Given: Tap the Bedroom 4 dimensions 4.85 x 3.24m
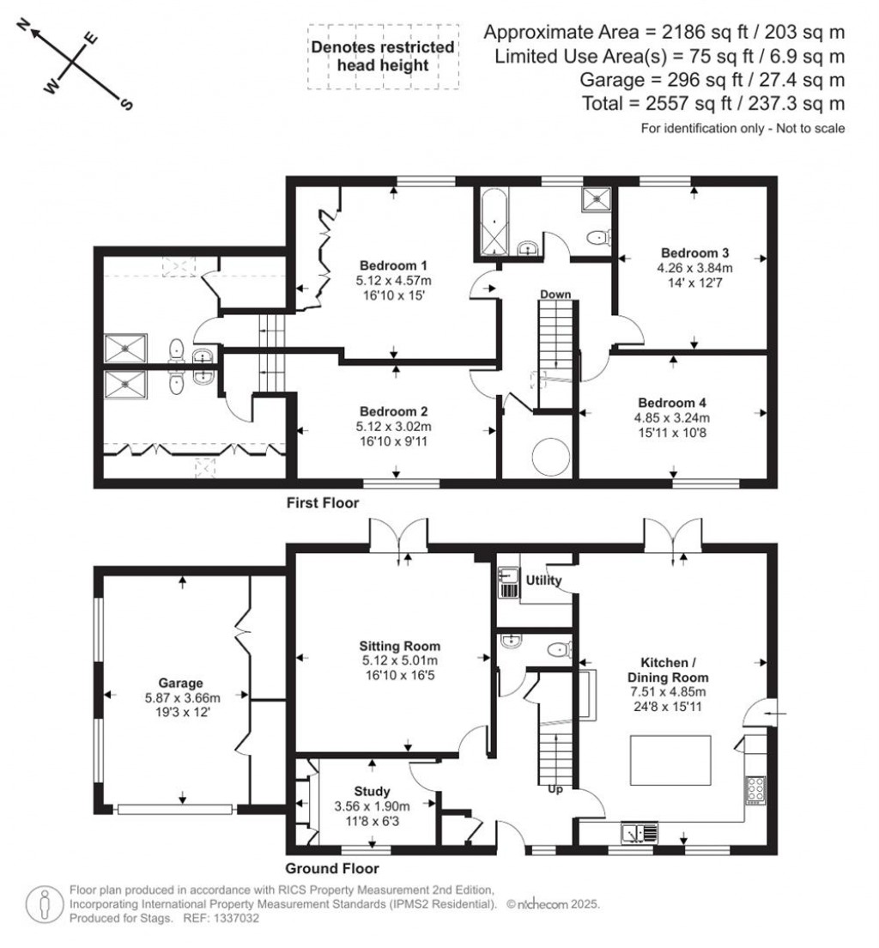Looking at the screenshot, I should pyautogui.click(x=674, y=418).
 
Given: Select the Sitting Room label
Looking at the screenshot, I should pyautogui.click(x=399, y=646).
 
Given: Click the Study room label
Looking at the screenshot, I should pyautogui.click(x=372, y=791).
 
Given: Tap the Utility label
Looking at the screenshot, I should pyautogui.click(x=543, y=580).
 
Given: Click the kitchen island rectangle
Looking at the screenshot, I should pyautogui.click(x=670, y=757).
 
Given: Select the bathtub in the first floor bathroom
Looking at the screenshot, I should pyautogui.click(x=493, y=222).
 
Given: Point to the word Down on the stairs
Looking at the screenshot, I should pyautogui.click(x=555, y=295).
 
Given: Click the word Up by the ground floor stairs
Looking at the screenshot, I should pyautogui.click(x=555, y=789).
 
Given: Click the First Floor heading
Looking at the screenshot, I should pyautogui.click(x=323, y=503).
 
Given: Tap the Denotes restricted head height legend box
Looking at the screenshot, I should pyautogui.click(x=382, y=58).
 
